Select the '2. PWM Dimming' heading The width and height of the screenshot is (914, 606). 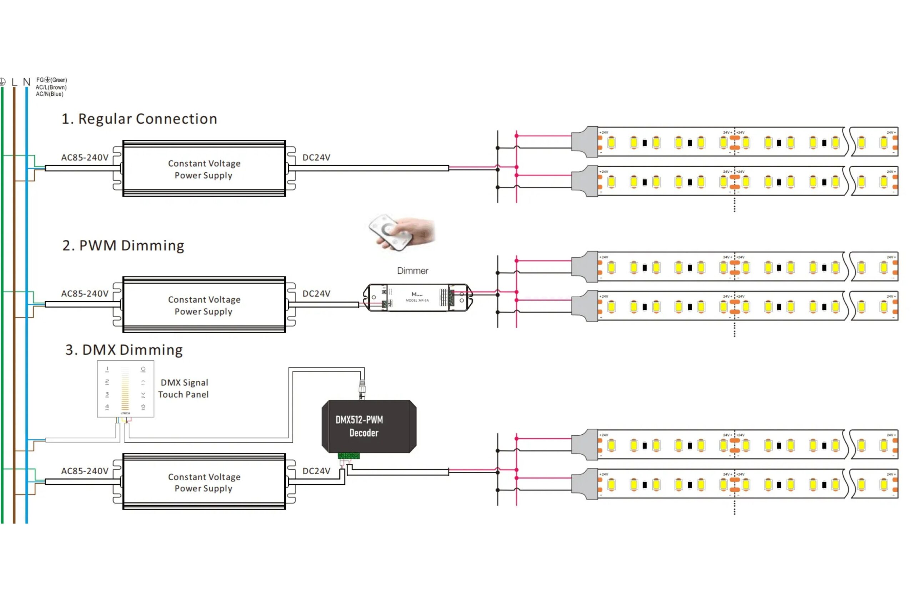coord(123,246)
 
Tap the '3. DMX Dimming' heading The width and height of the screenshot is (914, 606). coord(124,350)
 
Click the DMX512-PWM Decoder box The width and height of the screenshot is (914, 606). coord(369,426)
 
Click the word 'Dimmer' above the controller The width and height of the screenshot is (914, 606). coord(412,271)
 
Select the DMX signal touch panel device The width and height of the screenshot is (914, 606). coord(125,389)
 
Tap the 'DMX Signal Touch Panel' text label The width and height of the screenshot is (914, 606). coord(184,388)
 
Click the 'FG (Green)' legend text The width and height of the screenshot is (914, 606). coord(51,80)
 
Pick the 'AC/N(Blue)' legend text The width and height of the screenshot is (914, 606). coord(50,94)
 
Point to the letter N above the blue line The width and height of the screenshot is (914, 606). coord(26,82)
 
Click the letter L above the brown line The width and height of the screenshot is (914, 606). coord(14,82)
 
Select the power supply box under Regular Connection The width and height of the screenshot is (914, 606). coord(204,168)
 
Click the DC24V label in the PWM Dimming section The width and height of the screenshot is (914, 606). coord(316,294)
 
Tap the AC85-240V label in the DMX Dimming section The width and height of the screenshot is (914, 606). coord(85,471)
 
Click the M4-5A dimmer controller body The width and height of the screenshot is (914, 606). coord(418,297)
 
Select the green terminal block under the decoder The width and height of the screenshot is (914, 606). coord(349,456)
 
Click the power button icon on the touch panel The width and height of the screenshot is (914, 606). coord(143,369)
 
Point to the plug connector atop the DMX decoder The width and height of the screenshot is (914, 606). coord(362,389)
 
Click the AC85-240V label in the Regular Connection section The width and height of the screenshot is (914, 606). coord(85,158)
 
